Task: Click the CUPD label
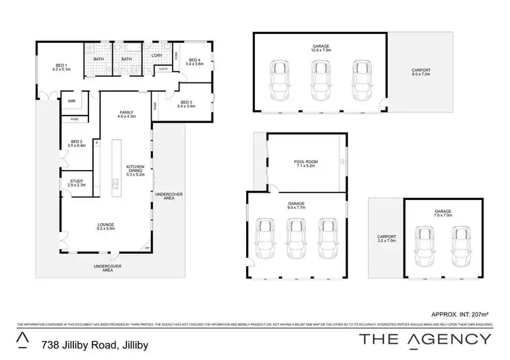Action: [163, 69]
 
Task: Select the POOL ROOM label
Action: [307, 163]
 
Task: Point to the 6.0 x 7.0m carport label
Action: [421, 72]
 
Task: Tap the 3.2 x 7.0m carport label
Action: [386, 239]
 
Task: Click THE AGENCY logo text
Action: [425, 339]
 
